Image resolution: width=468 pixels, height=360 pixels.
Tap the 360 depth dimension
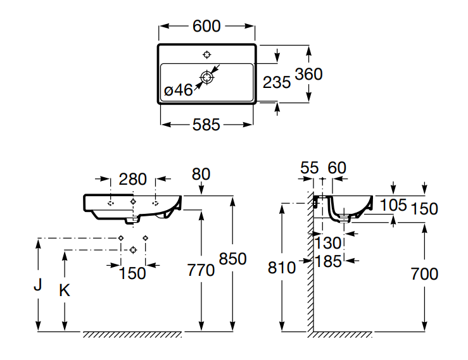(x=309, y=74)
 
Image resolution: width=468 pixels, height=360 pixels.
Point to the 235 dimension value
(x=277, y=82)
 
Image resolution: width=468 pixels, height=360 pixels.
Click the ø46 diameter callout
(x=178, y=90)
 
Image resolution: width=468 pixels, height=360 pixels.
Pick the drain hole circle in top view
(x=206, y=77)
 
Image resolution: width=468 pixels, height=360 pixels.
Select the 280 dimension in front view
(x=133, y=179)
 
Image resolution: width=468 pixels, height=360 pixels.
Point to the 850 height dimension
(x=232, y=259)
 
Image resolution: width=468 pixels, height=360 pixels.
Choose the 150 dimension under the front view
(x=133, y=273)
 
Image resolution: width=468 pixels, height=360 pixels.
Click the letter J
(x=38, y=285)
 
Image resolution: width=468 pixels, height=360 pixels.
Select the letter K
(x=64, y=290)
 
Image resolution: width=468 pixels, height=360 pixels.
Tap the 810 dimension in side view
(x=282, y=268)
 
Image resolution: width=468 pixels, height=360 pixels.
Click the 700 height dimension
(x=424, y=274)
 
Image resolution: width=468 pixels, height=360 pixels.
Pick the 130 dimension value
(x=328, y=242)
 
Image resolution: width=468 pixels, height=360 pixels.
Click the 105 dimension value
(x=393, y=205)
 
